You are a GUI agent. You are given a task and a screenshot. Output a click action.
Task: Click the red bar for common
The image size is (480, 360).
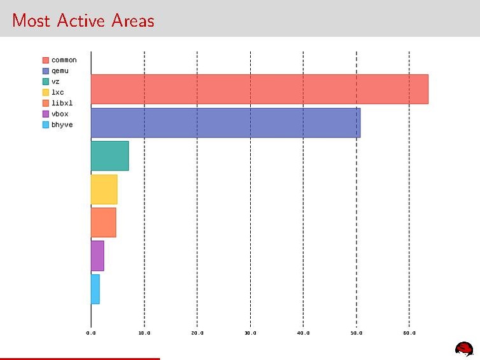(259, 89)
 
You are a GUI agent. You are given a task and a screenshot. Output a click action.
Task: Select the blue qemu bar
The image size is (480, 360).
(225, 123)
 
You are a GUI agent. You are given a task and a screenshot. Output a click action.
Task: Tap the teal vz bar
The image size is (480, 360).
(109, 156)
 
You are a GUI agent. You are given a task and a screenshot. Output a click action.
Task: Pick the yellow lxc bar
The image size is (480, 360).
(104, 189)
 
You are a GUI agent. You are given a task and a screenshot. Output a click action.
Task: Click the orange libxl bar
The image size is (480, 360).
(103, 222)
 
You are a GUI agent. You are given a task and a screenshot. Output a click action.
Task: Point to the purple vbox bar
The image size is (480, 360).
(97, 256)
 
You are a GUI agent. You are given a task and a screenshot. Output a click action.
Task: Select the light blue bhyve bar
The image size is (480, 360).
(95, 289)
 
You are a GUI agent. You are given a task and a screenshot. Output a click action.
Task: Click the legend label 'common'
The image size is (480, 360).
(64, 60)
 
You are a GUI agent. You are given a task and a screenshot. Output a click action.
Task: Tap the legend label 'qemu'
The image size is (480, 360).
(60, 71)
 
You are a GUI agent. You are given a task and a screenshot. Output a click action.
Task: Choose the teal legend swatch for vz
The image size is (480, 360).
(46, 82)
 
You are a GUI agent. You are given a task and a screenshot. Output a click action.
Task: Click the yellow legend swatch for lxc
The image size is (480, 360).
(46, 92)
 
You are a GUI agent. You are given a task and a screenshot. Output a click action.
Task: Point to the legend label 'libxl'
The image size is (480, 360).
(62, 103)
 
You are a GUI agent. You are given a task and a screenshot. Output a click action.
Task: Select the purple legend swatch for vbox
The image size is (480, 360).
(46, 114)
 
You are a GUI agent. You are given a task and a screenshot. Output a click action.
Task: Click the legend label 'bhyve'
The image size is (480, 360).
(62, 125)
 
